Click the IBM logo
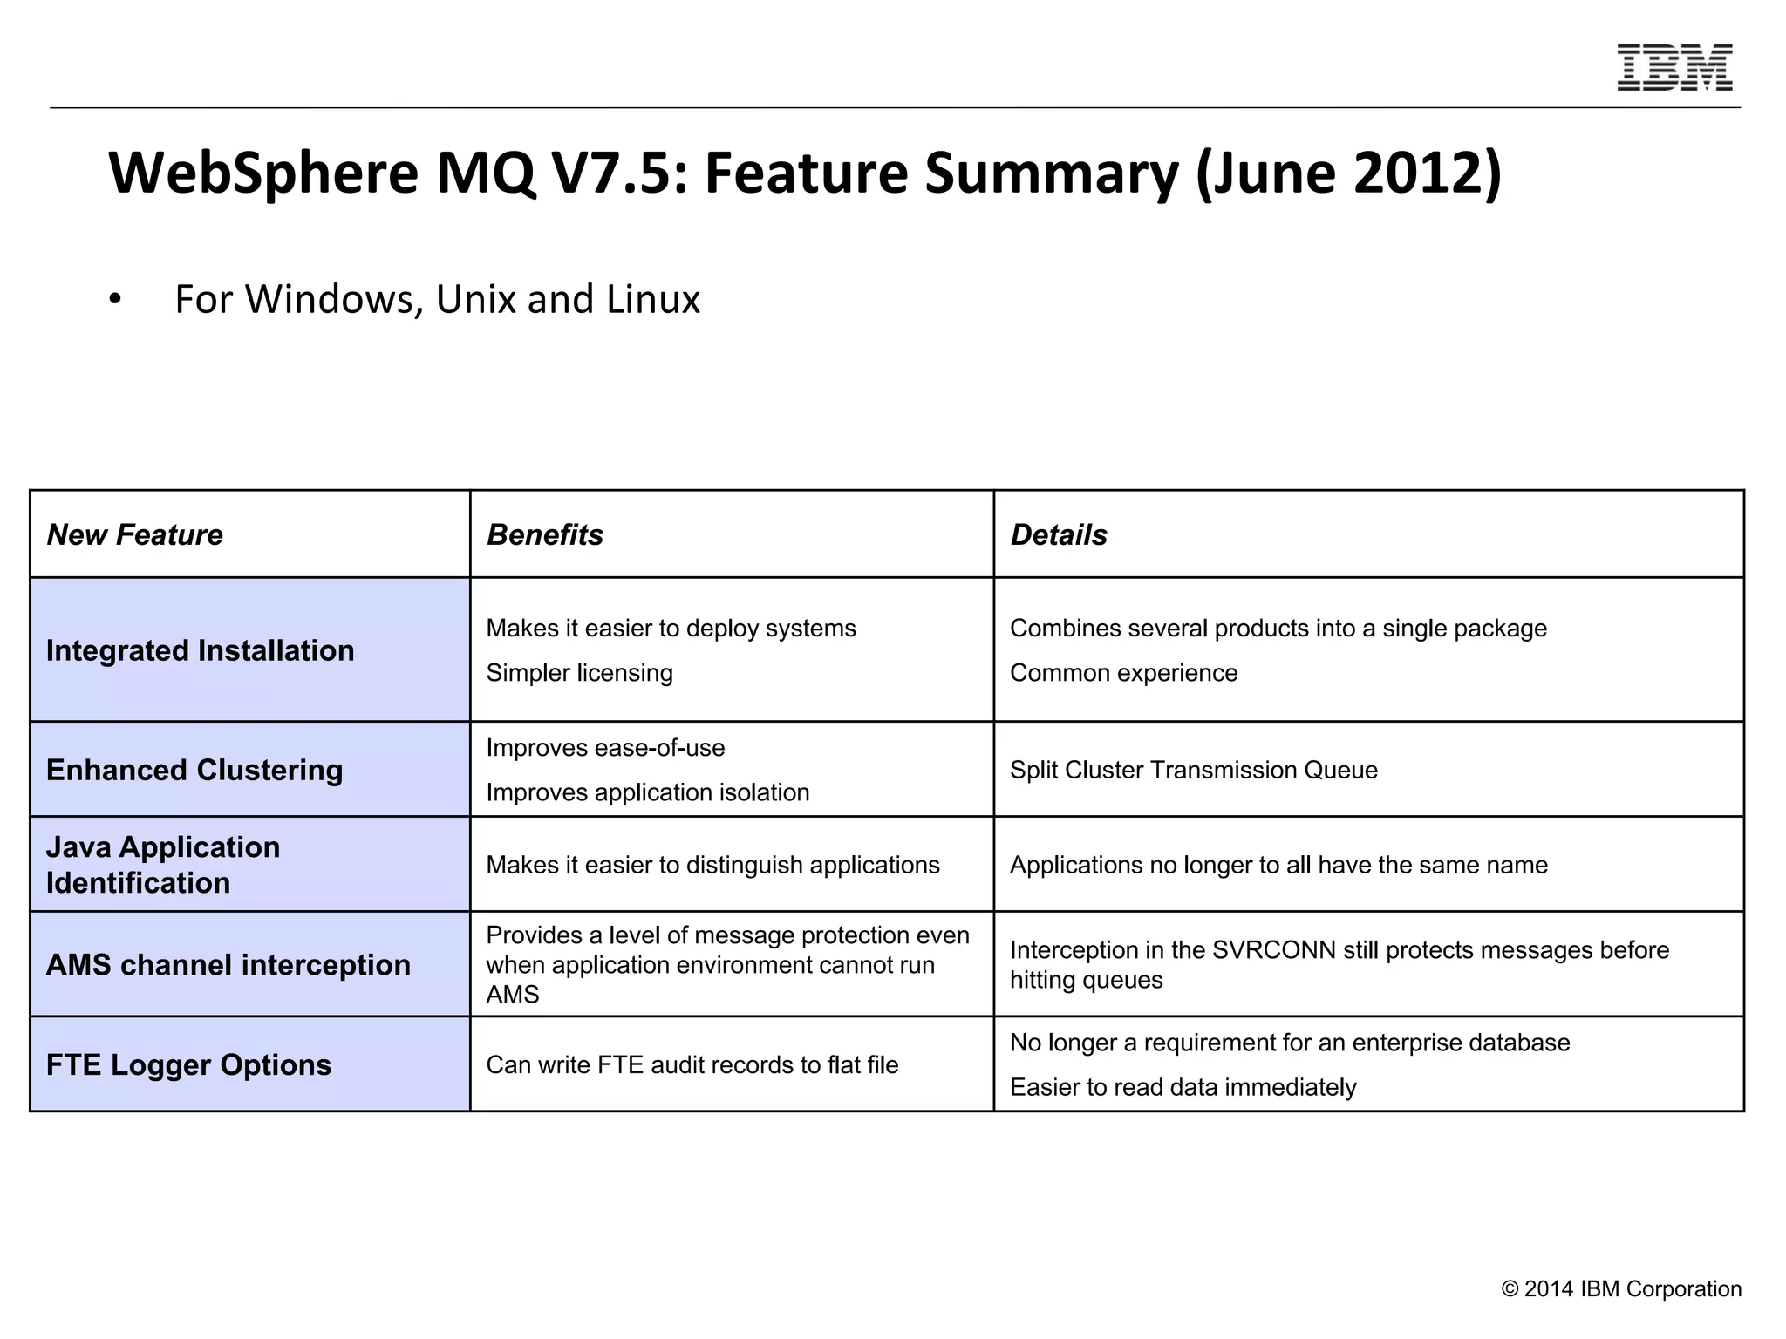tap(1674, 67)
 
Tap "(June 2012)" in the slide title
tap(1348, 173)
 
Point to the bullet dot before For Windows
tap(115, 300)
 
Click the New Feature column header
tap(134, 534)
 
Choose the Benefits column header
tap(545, 534)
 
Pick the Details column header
tap(1059, 534)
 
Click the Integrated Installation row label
tap(200, 650)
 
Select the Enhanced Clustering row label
tap(194, 770)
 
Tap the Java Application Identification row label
tap(163, 865)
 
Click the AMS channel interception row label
tap(228, 965)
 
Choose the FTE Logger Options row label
tap(188, 1065)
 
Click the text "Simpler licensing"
tap(579, 673)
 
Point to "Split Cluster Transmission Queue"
tap(1193, 770)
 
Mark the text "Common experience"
tap(1123, 673)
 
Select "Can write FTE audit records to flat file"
tap(692, 1065)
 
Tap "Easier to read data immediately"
tap(1183, 1087)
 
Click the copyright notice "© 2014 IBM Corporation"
tap(1620, 1289)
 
